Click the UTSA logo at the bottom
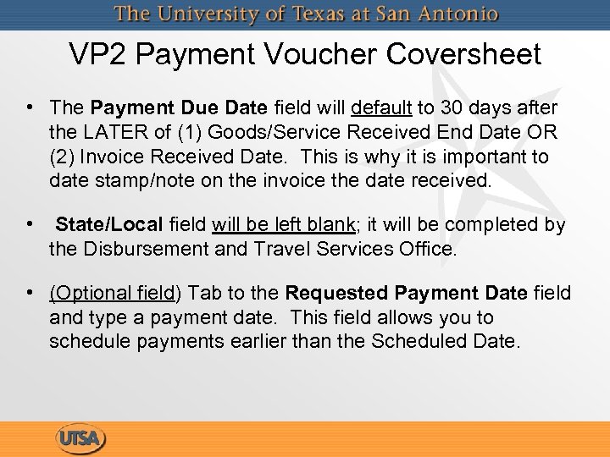[x=81, y=439]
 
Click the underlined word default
[x=380, y=108]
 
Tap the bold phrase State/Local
[x=109, y=225]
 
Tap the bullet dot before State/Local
[x=30, y=225]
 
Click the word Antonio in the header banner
[x=457, y=14]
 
